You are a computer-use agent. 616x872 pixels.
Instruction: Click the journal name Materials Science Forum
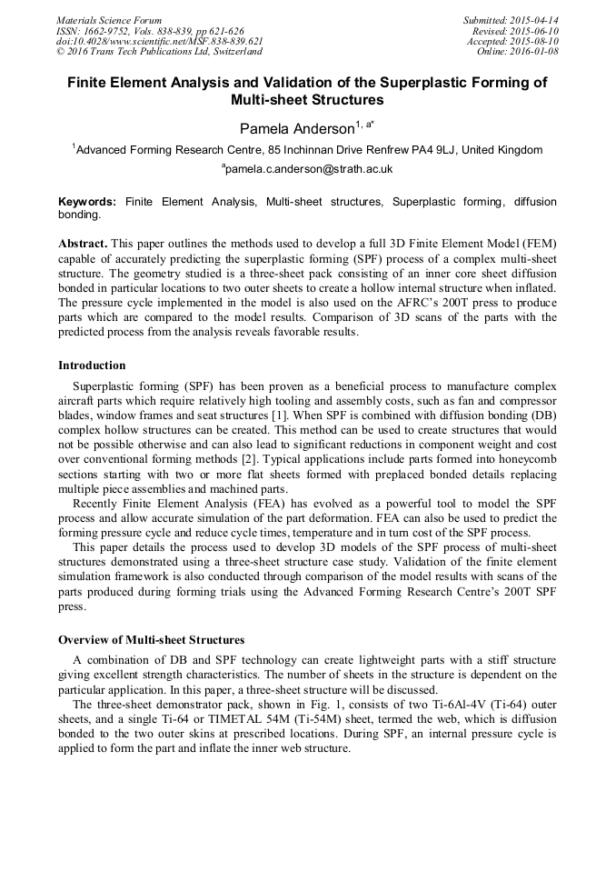tap(109, 20)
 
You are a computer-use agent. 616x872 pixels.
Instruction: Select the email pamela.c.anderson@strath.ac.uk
tap(308, 169)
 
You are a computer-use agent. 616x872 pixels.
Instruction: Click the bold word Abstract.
tap(83, 245)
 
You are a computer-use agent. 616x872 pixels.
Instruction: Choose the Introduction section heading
tap(92, 366)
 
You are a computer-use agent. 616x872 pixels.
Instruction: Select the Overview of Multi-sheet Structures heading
tap(151, 640)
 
